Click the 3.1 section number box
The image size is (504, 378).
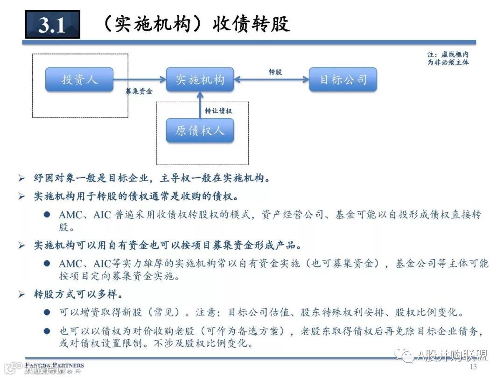click(52, 24)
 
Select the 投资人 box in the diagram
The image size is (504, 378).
click(79, 79)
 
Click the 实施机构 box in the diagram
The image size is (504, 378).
click(200, 79)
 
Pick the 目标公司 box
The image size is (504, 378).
click(343, 79)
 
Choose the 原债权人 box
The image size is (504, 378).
click(200, 130)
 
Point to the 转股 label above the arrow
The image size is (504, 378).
click(275, 72)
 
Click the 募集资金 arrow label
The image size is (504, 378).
click(139, 91)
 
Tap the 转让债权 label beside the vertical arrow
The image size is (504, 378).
click(218, 111)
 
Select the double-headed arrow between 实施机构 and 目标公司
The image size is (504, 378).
click(271, 80)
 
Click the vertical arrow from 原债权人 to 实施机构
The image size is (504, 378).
click(200, 105)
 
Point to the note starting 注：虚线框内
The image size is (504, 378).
click(448, 58)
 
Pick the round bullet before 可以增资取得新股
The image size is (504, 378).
click(47, 312)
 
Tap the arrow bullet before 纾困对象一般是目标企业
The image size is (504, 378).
click(21, 178)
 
